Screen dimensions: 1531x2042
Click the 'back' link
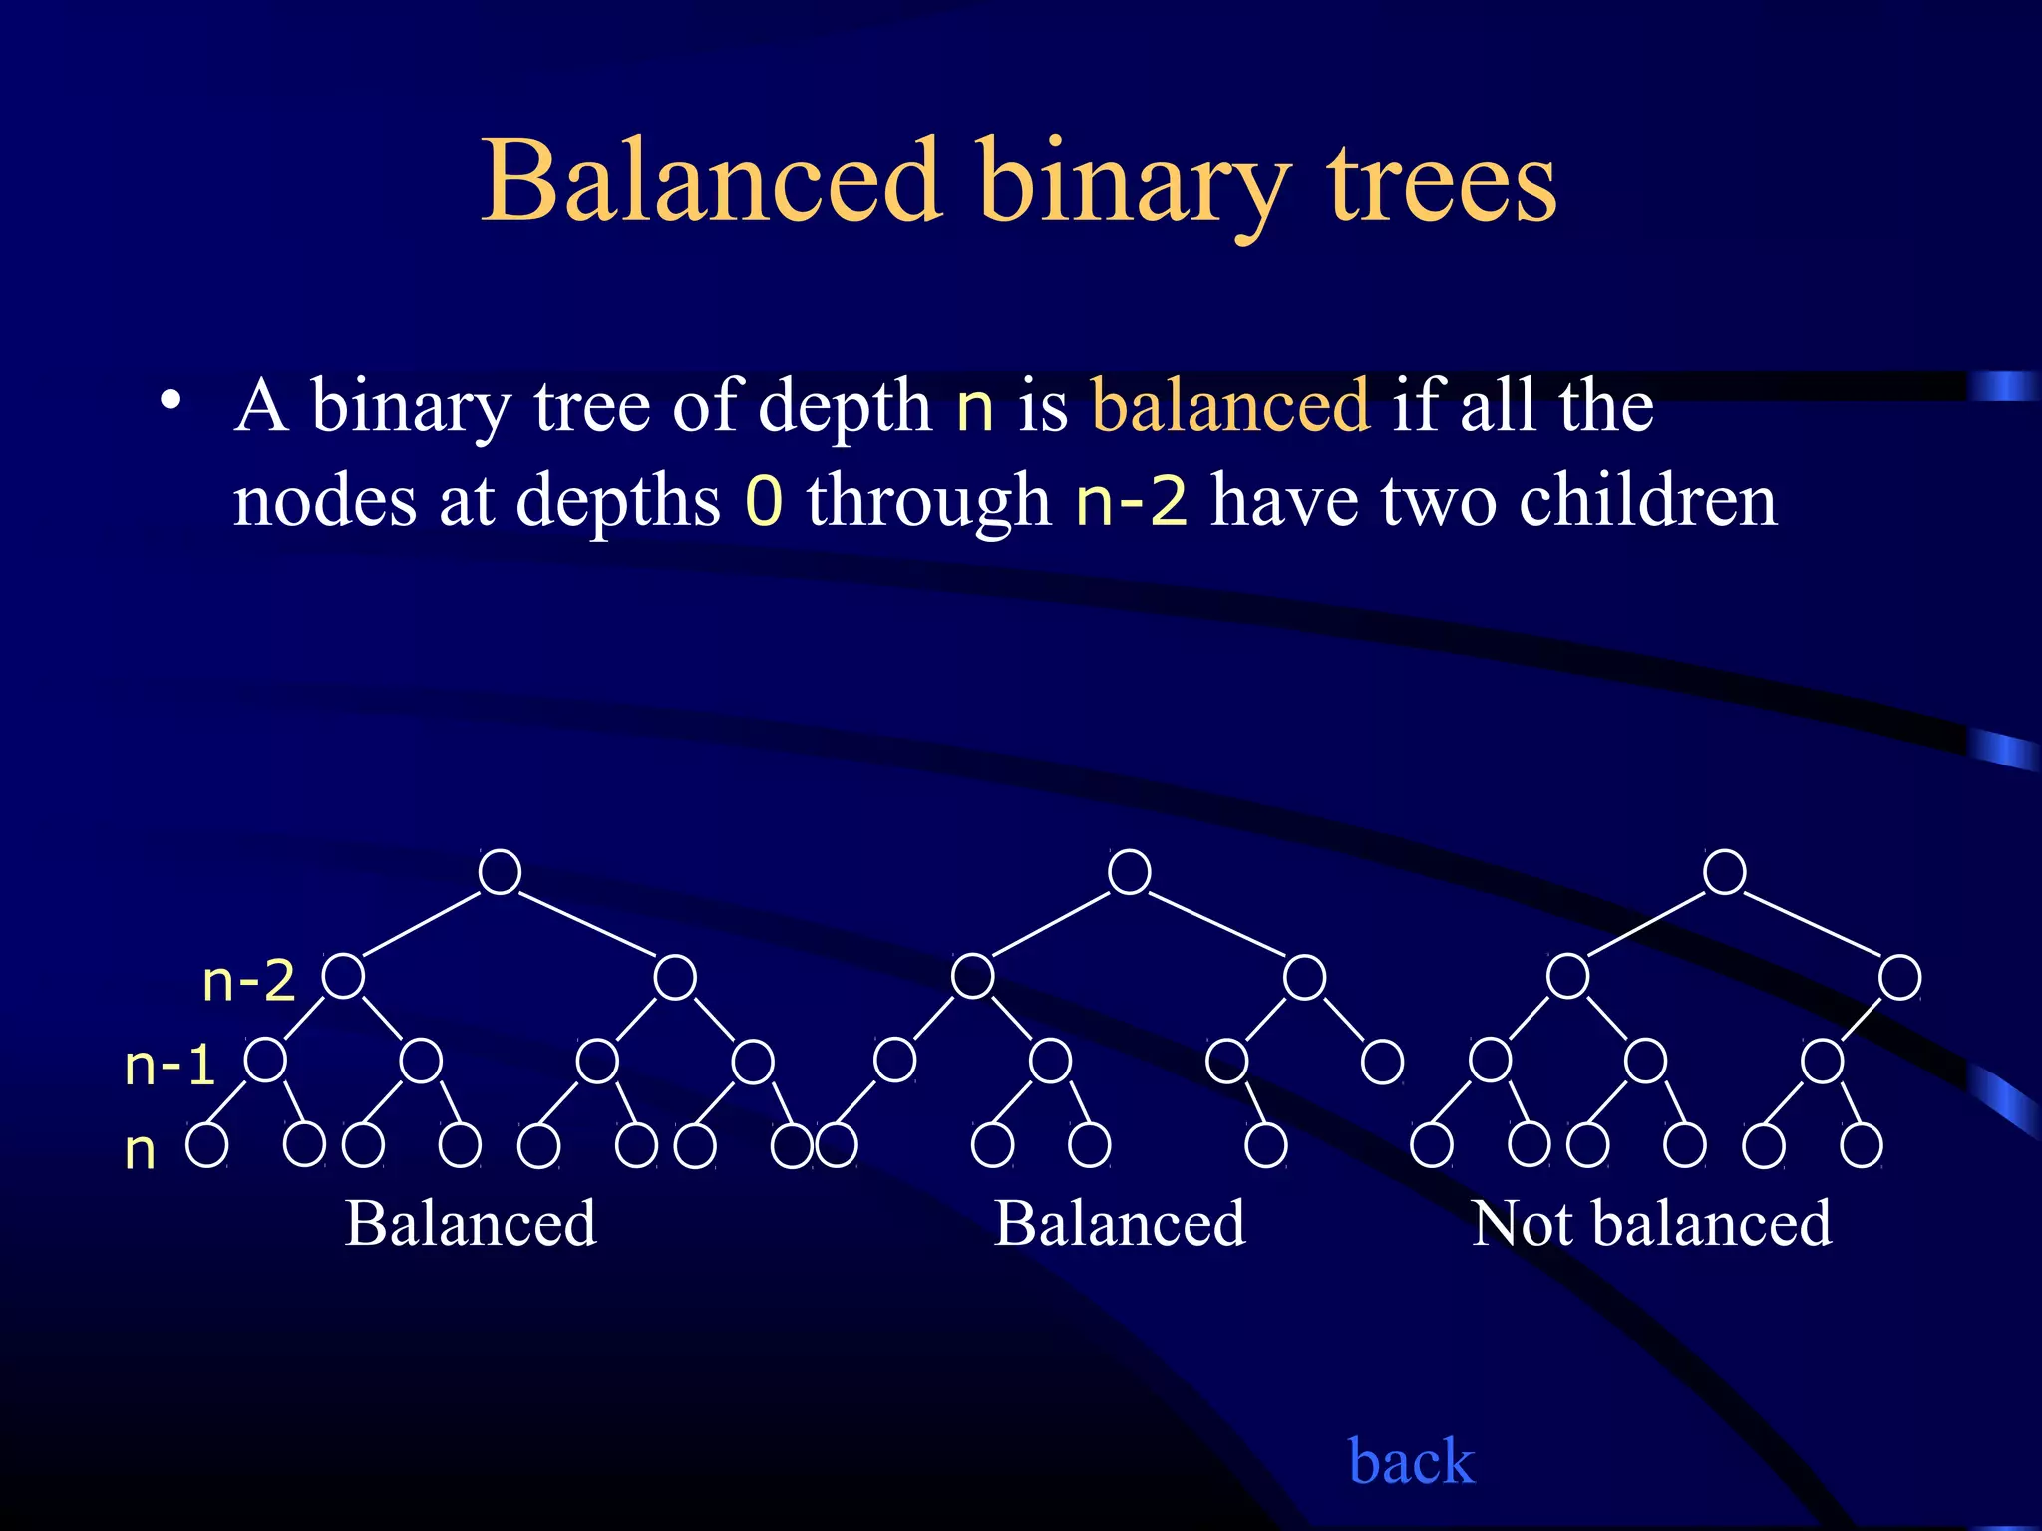point(1410,1461)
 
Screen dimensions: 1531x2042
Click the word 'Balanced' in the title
point(711,181)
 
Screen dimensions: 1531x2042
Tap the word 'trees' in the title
point(1441,183)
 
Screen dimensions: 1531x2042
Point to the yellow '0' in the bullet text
point(764,500)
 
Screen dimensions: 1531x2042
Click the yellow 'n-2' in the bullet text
point(1132,500)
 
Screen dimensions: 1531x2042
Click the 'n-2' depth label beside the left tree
point(248,981)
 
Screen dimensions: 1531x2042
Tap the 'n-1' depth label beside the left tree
point(170,1065)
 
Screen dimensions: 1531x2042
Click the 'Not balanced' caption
point(1651,1223)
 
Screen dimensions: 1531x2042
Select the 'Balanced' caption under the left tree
point(471,1223)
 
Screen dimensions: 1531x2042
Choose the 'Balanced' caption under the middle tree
point(1120,1223)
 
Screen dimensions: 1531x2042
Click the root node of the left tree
point(500,872)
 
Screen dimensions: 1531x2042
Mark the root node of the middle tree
point(1129,872)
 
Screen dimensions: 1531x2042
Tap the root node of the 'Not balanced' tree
point(1724,872)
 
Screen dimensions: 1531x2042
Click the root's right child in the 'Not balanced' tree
point(1899,977)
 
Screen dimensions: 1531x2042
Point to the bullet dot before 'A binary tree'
point(171,401)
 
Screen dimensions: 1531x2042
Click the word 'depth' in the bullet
point(845,407)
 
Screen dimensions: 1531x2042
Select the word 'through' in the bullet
point(928,500)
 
